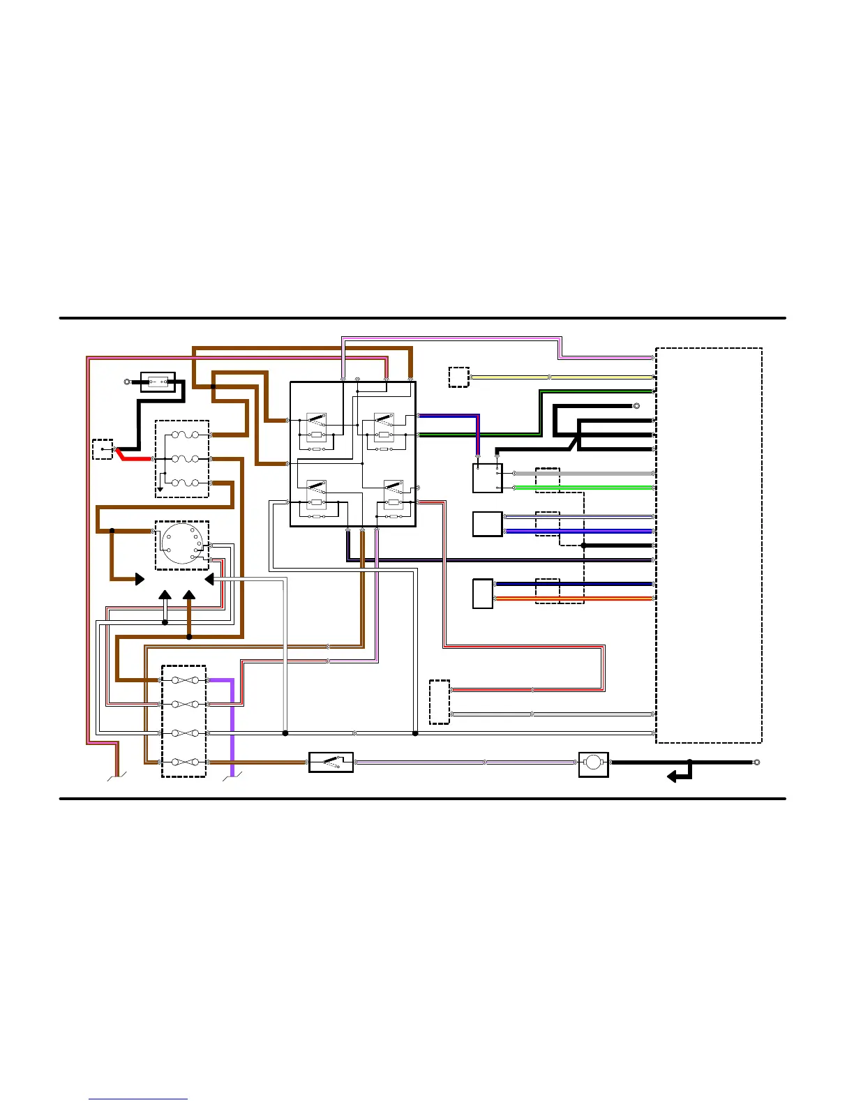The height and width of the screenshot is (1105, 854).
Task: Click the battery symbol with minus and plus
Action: pos(158,382)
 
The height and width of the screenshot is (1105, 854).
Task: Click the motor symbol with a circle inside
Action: pos(593,762)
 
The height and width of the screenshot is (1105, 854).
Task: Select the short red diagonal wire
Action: pos(121,454)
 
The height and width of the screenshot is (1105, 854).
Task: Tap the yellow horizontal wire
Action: pos(558,377)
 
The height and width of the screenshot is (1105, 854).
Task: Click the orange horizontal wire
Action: pos(572,599)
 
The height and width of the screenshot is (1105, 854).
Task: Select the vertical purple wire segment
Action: pos(232,726)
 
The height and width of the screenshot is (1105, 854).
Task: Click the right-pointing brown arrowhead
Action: pos(140,579)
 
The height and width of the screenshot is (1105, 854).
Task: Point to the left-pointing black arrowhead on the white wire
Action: pos(209,580)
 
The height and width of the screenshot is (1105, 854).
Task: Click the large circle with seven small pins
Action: pos(181,543)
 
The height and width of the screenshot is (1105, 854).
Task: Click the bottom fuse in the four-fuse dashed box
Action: pos(184,762)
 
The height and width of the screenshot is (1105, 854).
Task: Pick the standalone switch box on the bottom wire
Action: pos(331,762)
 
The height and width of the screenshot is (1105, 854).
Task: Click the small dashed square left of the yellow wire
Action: pos(458,377)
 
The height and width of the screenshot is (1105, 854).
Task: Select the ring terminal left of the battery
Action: pos(127,382)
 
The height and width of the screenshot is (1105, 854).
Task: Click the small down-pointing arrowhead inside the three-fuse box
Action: pos(160,489)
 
